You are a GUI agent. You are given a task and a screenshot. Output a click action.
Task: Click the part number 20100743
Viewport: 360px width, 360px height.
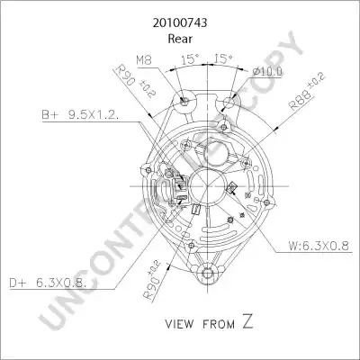(x=180, y=23)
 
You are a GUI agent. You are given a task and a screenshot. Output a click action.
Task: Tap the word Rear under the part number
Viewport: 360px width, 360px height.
(x=180, y=39)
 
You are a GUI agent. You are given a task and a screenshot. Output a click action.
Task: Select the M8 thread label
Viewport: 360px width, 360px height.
(x=144, y=60)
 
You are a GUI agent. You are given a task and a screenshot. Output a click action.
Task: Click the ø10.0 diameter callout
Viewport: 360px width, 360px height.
(x=267, y=71)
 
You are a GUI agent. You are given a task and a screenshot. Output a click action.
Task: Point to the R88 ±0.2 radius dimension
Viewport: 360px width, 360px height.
(x=306, y=92)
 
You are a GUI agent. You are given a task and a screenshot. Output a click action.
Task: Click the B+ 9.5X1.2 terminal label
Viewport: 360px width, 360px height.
(x=81, y=115)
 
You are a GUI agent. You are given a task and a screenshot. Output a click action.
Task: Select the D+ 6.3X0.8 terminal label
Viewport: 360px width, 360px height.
(x=48, y=283)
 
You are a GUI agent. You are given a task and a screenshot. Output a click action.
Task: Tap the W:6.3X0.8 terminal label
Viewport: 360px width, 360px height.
(x=319, y=246)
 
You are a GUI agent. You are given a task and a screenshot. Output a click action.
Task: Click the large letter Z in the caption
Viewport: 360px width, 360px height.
(x=247, y=321)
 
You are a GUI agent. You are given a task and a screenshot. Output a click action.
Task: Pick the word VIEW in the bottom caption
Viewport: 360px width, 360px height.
(x=179, y=324)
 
